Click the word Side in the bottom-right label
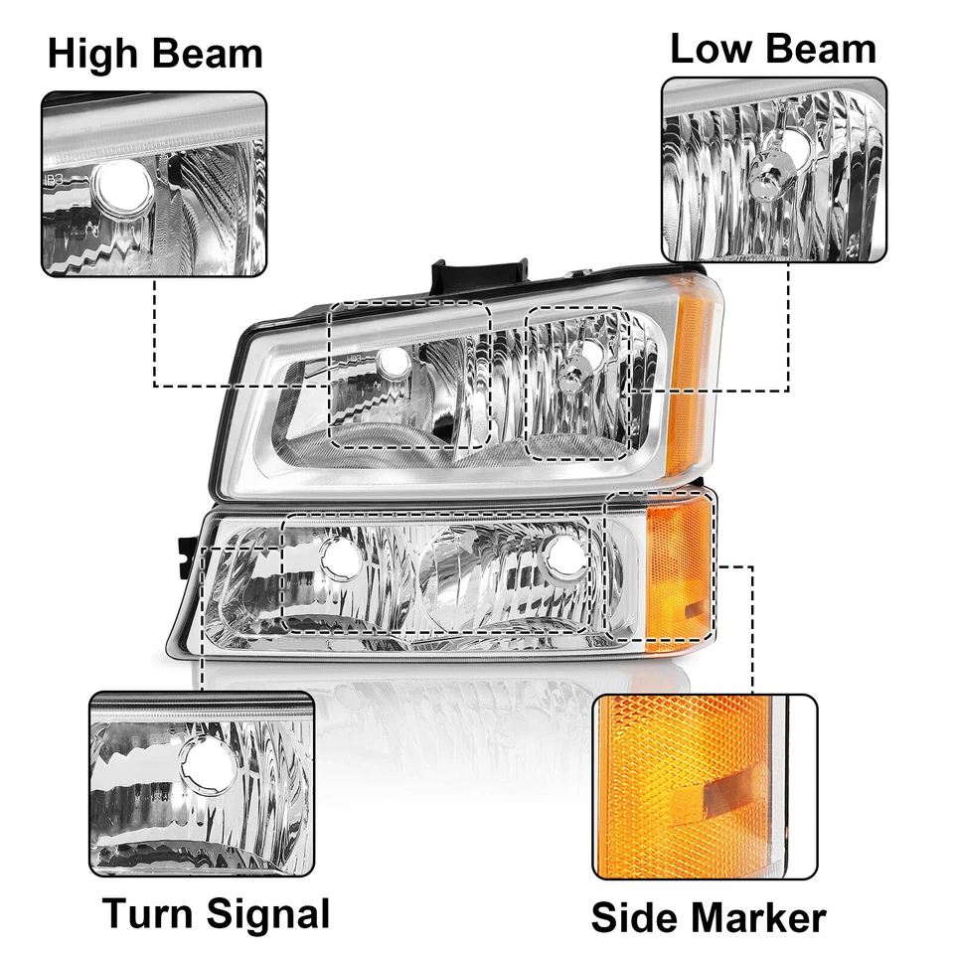point(629,917)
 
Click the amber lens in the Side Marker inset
point(676,785)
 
